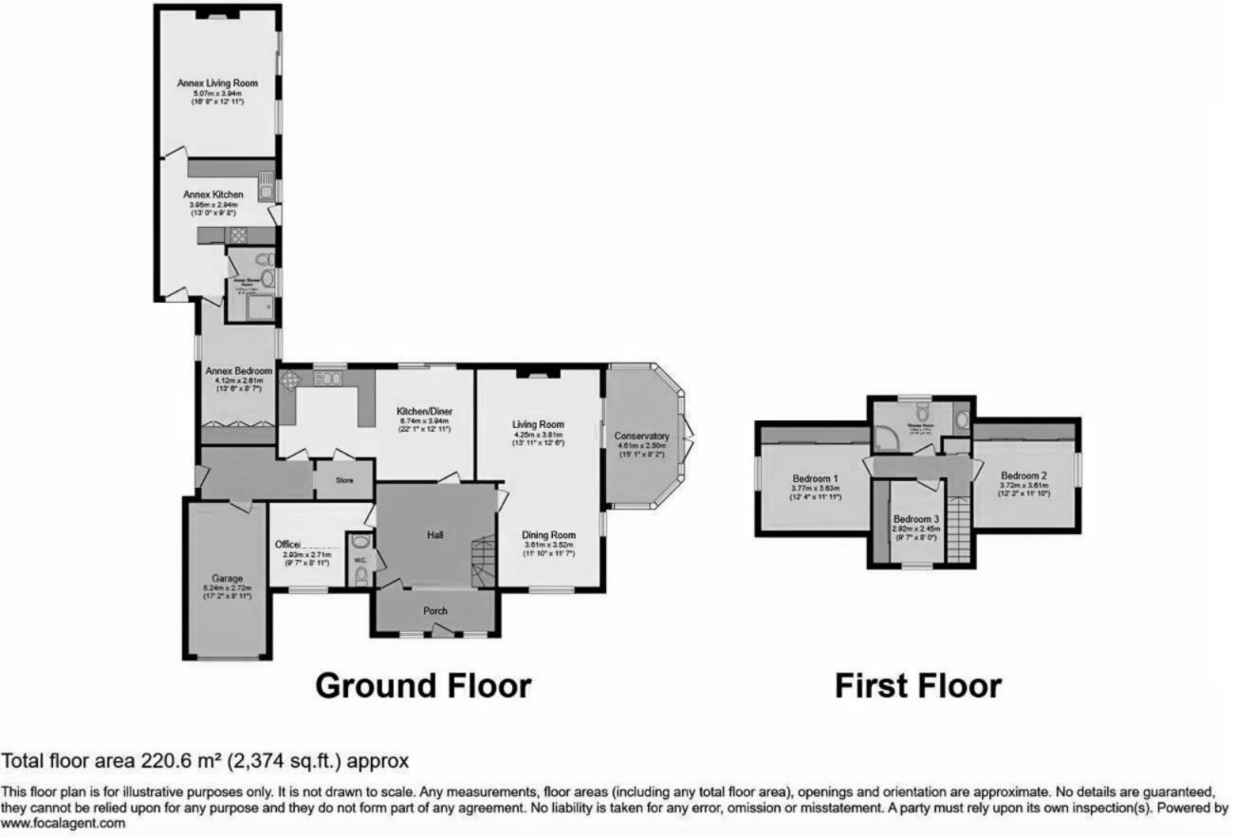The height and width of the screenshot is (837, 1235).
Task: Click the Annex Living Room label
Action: point(217,84)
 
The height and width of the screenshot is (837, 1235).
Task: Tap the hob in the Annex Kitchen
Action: point(236,235)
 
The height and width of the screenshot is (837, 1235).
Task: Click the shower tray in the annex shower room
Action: point(259,307)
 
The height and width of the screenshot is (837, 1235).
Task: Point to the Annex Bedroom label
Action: point(238,371)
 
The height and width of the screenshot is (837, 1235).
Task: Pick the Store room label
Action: point(343,481)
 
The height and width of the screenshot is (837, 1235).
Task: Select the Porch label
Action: point(434,610)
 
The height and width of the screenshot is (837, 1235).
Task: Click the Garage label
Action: point(227,578)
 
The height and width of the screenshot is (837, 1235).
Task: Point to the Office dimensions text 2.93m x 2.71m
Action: point(306,554)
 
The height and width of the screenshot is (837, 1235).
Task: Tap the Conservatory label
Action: point(642,436)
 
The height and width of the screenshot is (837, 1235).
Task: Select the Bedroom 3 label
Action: point(916,519)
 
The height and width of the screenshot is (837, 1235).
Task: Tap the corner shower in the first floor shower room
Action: point(886,437)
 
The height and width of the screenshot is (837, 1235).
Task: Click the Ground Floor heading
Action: point(422,685)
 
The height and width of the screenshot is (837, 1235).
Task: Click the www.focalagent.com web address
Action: point(64,824)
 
